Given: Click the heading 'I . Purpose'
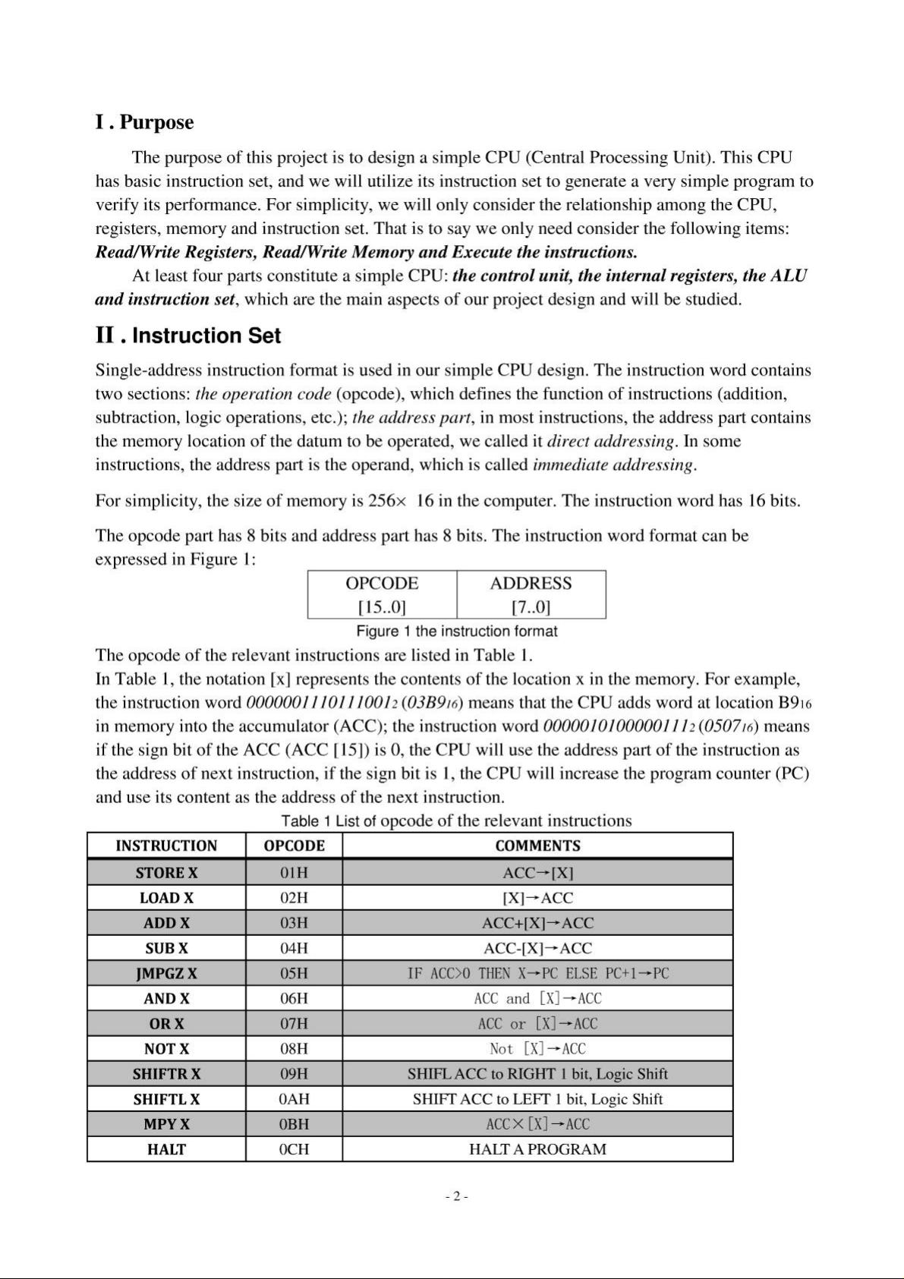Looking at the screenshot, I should [x=144, y=122].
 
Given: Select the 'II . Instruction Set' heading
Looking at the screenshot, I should [x=187, y=336].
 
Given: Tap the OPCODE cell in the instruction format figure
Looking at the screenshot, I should [x=382, y=594].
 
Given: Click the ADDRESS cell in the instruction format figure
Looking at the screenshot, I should [x=531, y=594].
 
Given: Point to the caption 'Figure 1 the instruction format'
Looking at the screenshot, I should [x=456, y=632].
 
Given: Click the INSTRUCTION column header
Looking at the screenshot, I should [x=166, y=846].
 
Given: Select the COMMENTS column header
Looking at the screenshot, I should [x=537, y=846].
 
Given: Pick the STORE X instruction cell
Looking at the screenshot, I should [x=166, y=873].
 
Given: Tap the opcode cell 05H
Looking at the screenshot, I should [x=294, y=973].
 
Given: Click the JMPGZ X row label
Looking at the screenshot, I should [x=166, y=973].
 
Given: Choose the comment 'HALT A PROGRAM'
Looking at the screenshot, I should [x=537, y=1149].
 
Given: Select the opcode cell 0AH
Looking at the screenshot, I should [x=294, y=1099].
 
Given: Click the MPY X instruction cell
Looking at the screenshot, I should [x=166, y=1124].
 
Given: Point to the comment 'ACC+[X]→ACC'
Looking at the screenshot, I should [x=537, y=923].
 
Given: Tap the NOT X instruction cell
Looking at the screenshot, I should [x=166, y=1049].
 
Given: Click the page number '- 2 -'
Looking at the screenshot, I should [x=456, y=1196].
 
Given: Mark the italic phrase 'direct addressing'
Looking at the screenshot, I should [x=611, y=441].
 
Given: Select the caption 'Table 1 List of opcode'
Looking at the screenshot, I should [x=456, y=821].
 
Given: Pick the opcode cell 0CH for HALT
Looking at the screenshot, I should [x=294, y=1149].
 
